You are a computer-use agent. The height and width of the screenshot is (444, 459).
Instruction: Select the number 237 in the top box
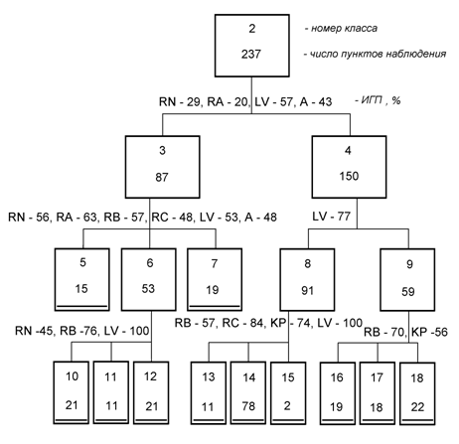(251, 54)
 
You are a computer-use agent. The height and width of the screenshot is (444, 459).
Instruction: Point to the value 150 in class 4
(349, 176)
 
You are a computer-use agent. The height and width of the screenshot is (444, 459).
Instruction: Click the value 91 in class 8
(307, 291)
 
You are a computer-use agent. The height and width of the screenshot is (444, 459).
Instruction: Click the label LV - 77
(331, 217)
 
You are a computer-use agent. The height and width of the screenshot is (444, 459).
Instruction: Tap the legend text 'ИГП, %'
(378, 100)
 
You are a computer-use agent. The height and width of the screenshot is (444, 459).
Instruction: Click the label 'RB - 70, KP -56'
(405, 332)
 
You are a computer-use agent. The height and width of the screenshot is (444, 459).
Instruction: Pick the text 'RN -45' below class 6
(35, 331)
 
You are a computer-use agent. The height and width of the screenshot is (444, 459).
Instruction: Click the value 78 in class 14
(248, 406)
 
